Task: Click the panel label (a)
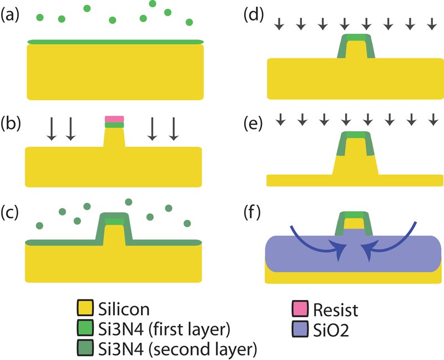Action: [11, 16]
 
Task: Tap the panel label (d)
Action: [255, 16]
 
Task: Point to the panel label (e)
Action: [255, 122]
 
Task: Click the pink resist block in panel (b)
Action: [114, 119]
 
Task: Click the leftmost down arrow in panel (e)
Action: [280, 119]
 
